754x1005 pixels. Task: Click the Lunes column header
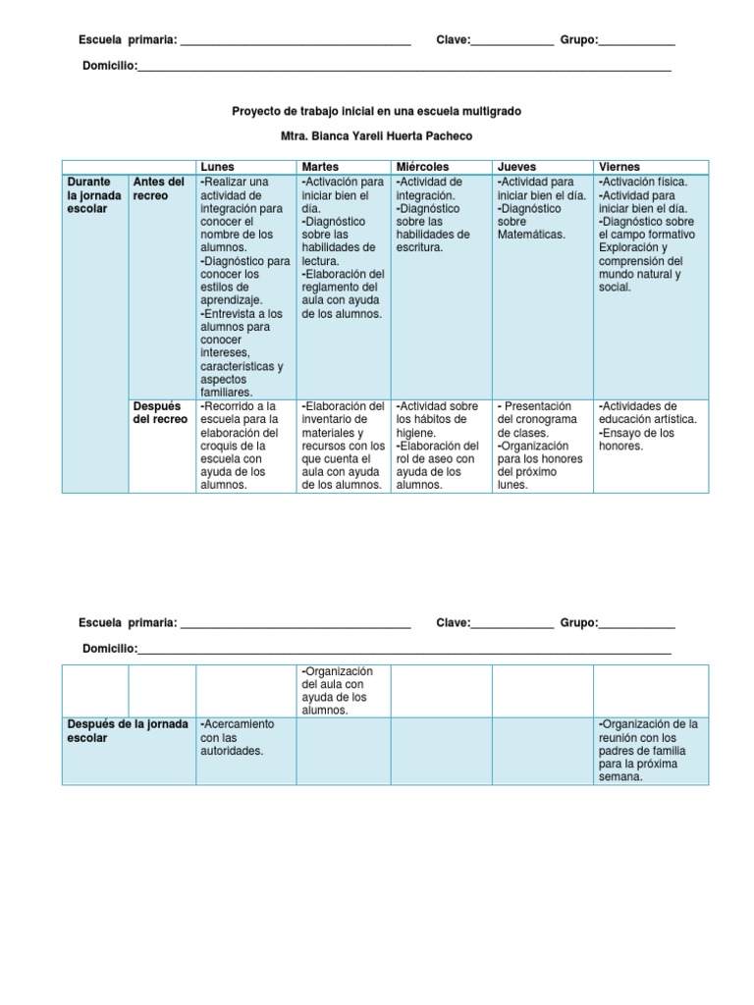[217, 167]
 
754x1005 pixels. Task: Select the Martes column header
[320, 167]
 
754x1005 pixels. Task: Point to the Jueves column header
[516, 167]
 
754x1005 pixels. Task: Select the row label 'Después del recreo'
[159, 413]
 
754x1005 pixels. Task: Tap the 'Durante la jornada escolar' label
[93, 195]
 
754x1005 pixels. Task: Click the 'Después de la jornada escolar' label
[128, 730]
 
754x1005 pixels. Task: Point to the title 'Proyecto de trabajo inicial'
[376, 112]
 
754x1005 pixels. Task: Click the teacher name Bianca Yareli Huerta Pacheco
[376, 136]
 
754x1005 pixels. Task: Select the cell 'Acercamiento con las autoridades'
[237, 737]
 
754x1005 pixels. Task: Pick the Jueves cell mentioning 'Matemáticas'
[541, 208]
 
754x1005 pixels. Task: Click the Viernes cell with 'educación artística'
[648, 425]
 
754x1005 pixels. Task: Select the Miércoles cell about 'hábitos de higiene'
[437, 445]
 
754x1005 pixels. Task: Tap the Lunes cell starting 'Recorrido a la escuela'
[242, 445]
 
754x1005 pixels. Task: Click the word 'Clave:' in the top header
[453, 40]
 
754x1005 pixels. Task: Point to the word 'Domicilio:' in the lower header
[109, 648]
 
